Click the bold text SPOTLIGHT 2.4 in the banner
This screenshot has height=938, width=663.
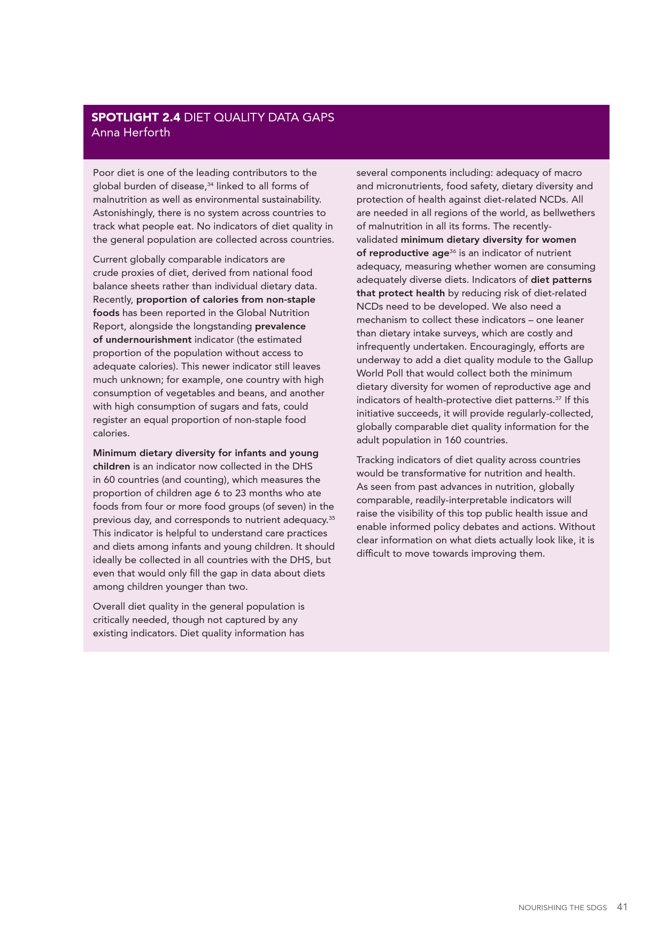(x=136, y=118)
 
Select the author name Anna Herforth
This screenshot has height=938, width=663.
(x=130, y=133)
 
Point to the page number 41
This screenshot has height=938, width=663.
(x=622, y=907)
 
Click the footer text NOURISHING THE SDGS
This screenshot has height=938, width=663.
(x=562, y=908)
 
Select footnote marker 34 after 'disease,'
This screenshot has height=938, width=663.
(x=210, y=184)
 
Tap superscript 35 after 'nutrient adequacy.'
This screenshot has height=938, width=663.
(x=331, y=518)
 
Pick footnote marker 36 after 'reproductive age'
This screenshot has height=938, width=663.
(x=452, y=251)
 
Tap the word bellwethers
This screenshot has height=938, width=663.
(x=569, y=213)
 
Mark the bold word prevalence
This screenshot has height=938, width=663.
(x=280, y=326)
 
